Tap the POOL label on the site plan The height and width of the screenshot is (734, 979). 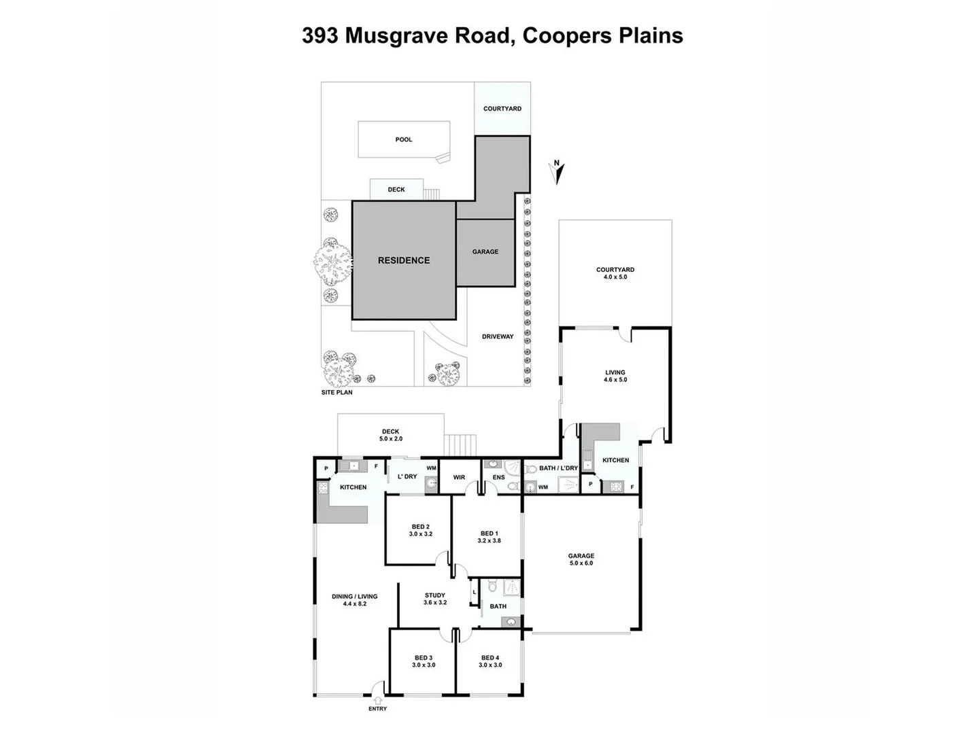pyautogui.click(x=404, y=140)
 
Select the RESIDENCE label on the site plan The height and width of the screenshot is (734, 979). pyautogui.click(x=404, y=260)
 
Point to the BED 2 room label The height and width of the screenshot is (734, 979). pyautogui.click(x=420, y=527)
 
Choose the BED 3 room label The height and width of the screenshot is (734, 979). pyautogui.click(x=424, y=658)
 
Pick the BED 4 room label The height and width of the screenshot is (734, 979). pyautogui.click(x=490, y=658)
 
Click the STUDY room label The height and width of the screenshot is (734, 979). pyautogui.click(x=435, y=595)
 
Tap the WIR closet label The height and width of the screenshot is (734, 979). pyautogui.click(x=460, y=478)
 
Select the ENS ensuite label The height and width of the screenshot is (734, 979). pyautogui.click(x=499, y=478)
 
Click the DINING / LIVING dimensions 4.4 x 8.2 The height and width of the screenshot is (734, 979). pyautogui.click(x=354, y=604)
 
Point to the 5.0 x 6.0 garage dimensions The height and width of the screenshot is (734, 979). pyautogui.click(x=581, y=563)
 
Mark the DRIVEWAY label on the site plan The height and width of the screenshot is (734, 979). pyautogui.click(x=498, y=337)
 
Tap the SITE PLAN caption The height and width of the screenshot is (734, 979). pyautogui.click(x=337, y=393)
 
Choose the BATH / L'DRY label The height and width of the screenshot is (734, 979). pyautogui.click(x=558, y=468)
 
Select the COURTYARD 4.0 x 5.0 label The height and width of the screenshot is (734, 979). pyautogui.click(x=615, y=273)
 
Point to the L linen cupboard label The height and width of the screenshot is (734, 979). pyautogui.click(x=474, y=593)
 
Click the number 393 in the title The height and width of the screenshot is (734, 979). pyautogui.click(x=320, y=35)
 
